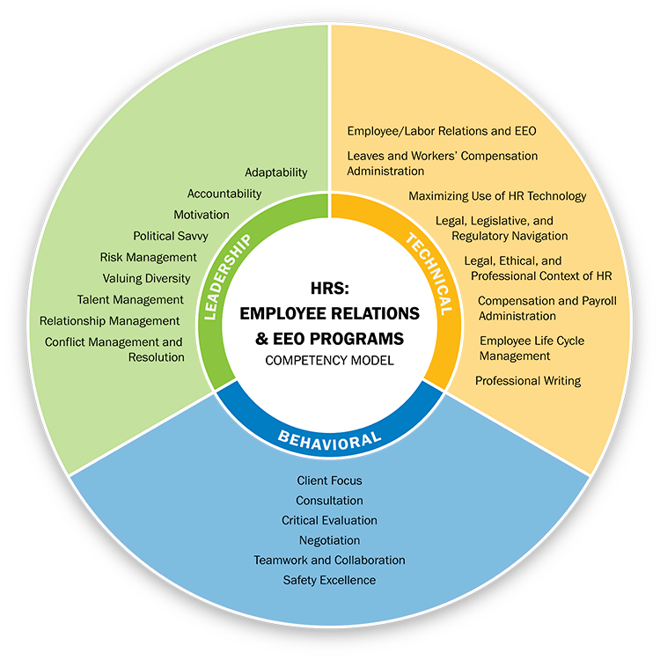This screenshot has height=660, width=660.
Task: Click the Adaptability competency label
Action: [x=275, y=172]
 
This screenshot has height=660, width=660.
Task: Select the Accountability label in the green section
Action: [x=224, y=194]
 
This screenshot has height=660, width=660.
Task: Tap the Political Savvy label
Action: [x=171, y=236]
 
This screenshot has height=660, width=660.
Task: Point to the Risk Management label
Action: [x=148, y=257]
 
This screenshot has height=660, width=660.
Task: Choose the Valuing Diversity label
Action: [x=146, y=278]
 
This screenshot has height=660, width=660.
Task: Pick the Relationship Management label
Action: [x=110, y=320]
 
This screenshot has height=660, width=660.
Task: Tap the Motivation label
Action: [x=202, y=215]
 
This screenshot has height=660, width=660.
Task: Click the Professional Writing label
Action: [x=528, y=381]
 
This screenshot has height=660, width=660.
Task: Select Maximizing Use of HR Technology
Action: [x=497, y=195]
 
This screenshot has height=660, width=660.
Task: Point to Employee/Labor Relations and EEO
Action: [x=441, y=131]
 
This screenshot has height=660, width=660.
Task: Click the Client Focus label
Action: [x=330, y=480]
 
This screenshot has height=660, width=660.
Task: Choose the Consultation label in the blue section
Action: [x=329, y=501]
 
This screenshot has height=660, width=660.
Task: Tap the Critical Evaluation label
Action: [x=329, y=520]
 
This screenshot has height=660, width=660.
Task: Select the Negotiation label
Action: [x=329, y=540]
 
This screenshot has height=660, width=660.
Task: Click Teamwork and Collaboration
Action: [x=329, y=560]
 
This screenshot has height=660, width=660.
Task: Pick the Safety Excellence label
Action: [x=329, y=580]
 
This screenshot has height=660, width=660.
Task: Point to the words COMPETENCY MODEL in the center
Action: [x=329, y=360]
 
